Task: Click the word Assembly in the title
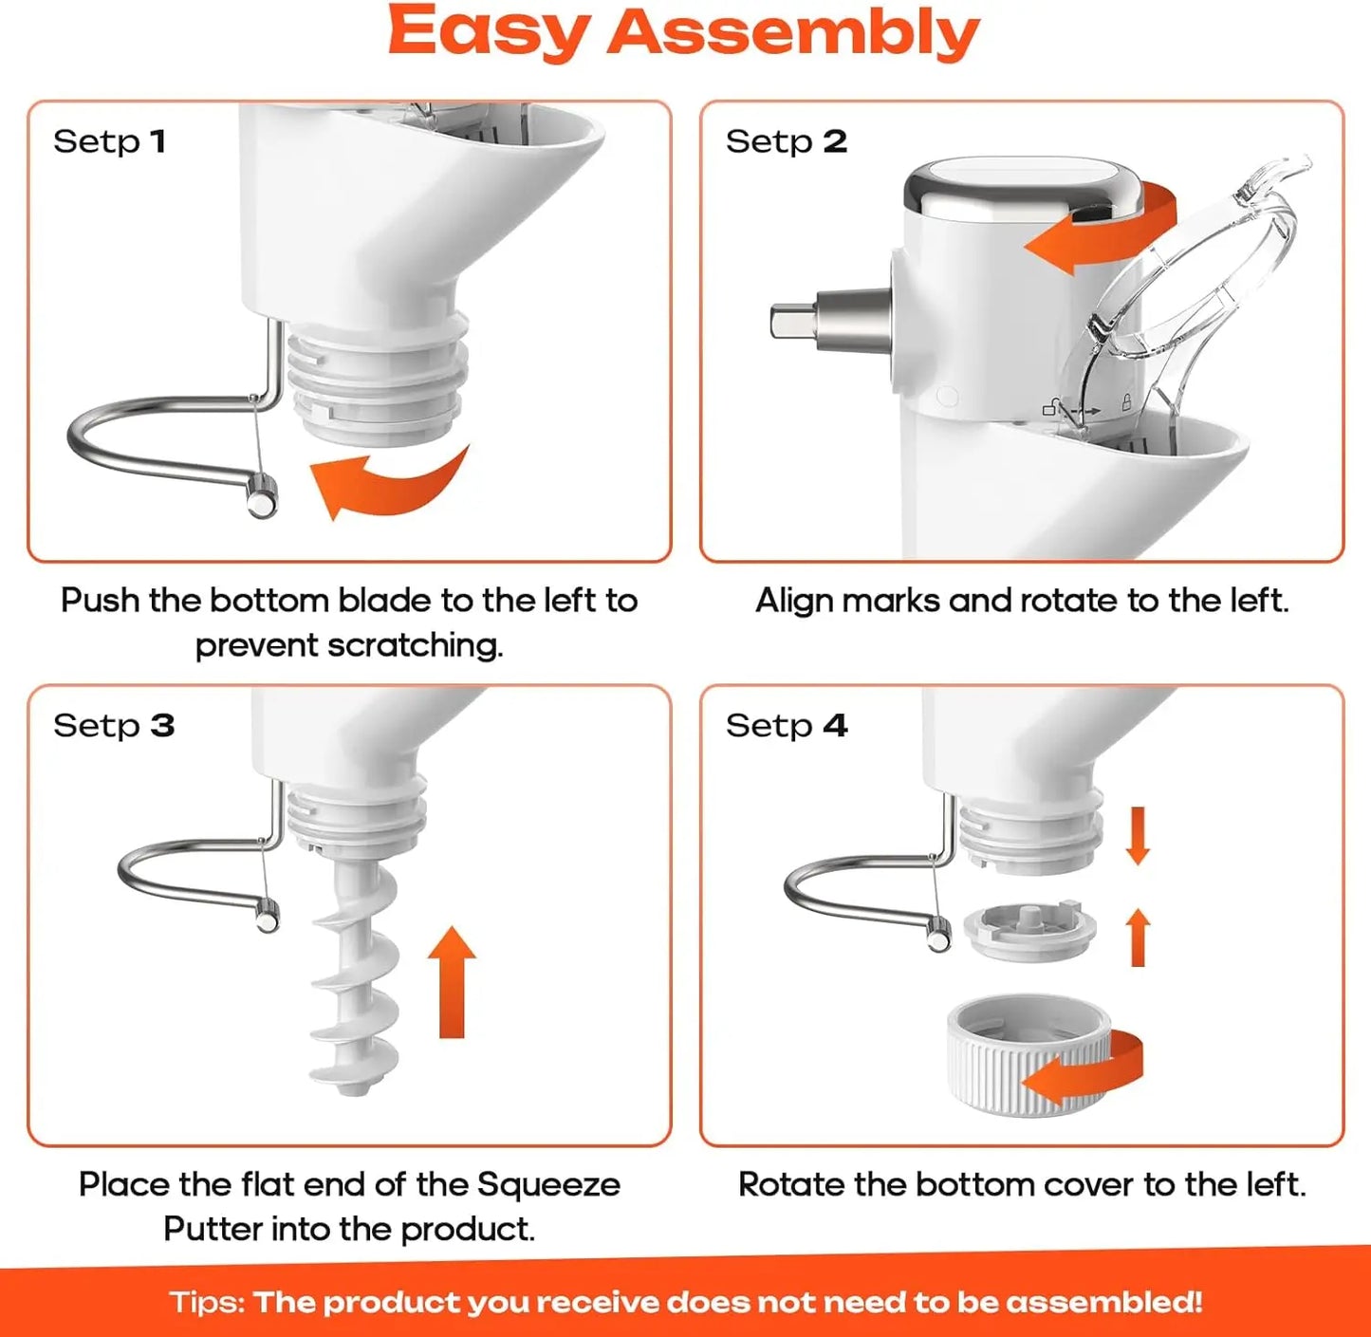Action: [792, 32]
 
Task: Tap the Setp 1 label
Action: [109, 141]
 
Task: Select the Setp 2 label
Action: [786, 141]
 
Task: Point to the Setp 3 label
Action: [113, 726]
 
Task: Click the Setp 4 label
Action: [786, 726]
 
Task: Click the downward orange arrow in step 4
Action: [1138, 834]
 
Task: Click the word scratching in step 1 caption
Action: [415, 645]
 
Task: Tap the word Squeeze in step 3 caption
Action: [547, 1184]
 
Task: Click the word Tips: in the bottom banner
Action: [207, 1302]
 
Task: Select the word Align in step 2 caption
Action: [794, 601]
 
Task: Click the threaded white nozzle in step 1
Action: [378, 380]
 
